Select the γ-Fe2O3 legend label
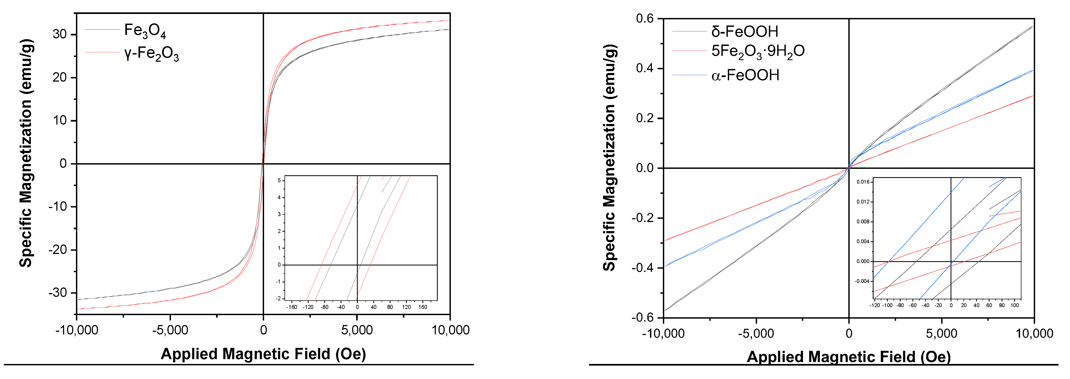[x=152, y=54]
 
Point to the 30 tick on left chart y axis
[x=60, y=35]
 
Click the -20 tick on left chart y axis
[x=58, y=250]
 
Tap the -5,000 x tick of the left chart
[x=170, y=330]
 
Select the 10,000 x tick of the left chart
[x=450, y=330]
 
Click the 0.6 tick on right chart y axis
[x=645, y=19]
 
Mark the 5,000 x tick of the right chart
[x=941, y=333]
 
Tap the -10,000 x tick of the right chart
[x=663, y=333]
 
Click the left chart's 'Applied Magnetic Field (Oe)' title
[x=263, y=354]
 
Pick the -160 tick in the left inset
[x=292, y=307]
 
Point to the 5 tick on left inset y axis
[x=279, y=180]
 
